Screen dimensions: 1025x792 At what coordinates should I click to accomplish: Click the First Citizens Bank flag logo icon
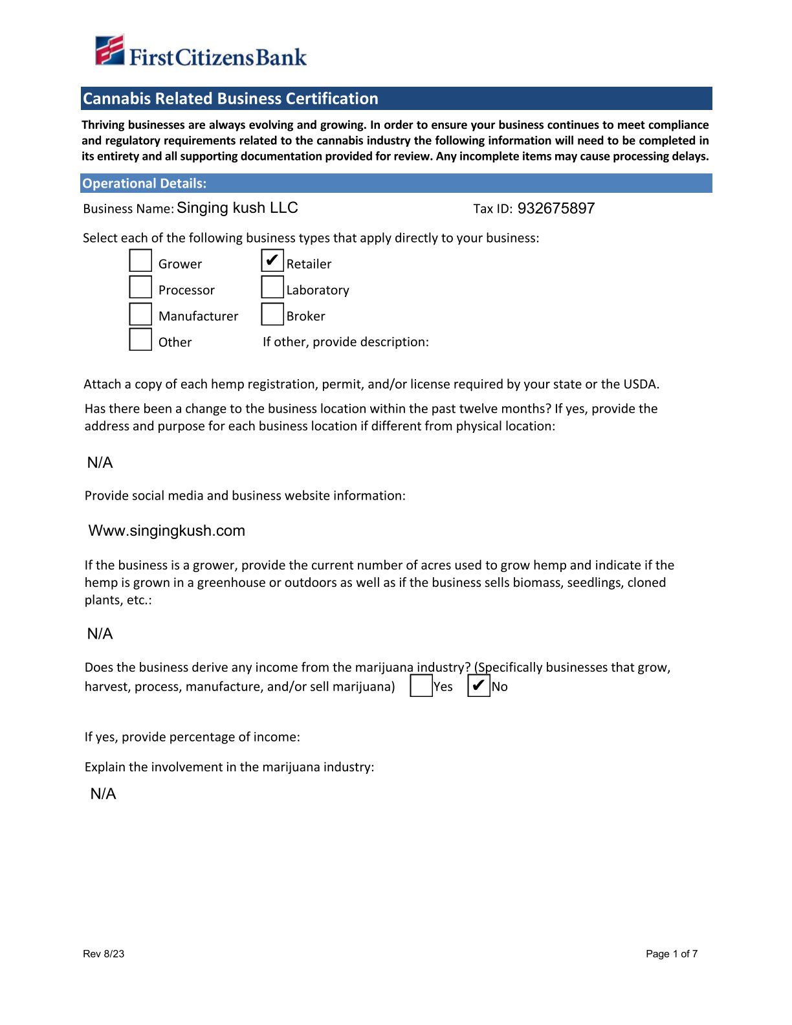tap(109, 50)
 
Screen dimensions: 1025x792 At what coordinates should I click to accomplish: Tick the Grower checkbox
tap(140, 261)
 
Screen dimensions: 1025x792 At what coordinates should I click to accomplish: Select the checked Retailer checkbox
tap(272, 261)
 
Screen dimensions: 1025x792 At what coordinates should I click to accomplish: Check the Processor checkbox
tap(140, 287)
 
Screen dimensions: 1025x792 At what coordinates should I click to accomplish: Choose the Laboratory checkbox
tap(272, 287)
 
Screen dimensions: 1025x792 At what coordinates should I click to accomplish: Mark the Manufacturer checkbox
tap(140, 314)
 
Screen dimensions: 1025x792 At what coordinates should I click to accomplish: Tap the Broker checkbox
tap(272, 314)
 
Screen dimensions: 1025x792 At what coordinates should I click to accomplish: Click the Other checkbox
tap(140, 340)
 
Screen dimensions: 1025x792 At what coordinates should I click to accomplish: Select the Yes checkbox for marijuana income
tap(421, 686)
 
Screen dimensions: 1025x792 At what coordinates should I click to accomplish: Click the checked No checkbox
tap(479, 686)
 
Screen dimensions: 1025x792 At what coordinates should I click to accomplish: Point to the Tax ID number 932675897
tap(556, 208)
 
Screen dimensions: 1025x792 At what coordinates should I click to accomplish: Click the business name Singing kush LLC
tap(237, 208)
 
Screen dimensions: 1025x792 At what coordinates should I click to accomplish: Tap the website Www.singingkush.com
tap(167, 531)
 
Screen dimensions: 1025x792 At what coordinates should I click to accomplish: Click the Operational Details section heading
tap(145, 184)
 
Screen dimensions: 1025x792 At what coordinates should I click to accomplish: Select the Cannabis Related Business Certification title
tap(230, 98)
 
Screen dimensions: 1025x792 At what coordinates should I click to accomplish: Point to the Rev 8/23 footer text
tap(104, 954)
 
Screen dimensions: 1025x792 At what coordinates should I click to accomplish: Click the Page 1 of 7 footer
tap(672, 954)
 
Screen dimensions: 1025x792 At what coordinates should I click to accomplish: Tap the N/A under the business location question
tap(100, 463)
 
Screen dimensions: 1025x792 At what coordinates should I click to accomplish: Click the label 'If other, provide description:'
tap(346, 342)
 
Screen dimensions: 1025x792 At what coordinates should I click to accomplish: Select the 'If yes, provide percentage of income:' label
tap(192, 737)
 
